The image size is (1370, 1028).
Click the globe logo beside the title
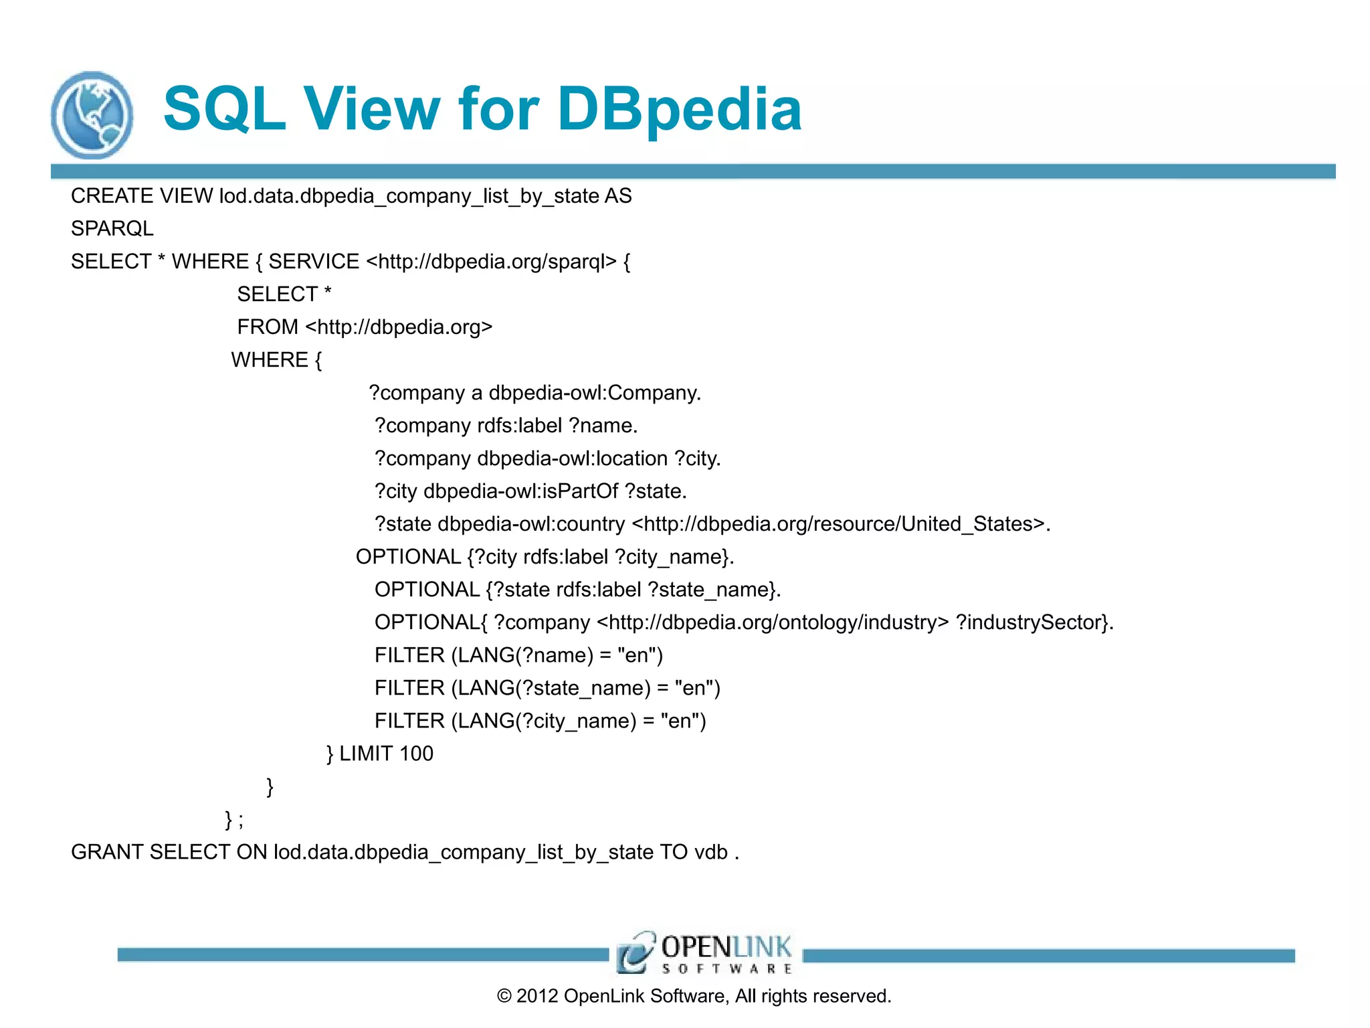(92, 115)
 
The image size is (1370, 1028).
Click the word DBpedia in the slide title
(679, 110)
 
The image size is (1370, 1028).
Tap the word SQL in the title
(225, 110)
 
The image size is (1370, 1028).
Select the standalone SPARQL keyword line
(112, 229)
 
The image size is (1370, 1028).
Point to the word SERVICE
(314, 262)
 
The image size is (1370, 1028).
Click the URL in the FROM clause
(399, 327)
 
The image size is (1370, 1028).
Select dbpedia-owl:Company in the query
(595, 393)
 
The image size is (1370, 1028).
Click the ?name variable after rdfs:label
(603, 426)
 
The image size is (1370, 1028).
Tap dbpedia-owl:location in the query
(572, 458)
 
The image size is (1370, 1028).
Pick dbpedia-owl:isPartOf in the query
(521, 491)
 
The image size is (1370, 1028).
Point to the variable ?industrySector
(1032, 622)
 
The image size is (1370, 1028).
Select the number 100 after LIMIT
(416, 754)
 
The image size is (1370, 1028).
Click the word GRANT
(107, 852)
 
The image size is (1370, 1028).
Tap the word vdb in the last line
(710, 852)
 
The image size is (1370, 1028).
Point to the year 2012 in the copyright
(537, 996)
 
